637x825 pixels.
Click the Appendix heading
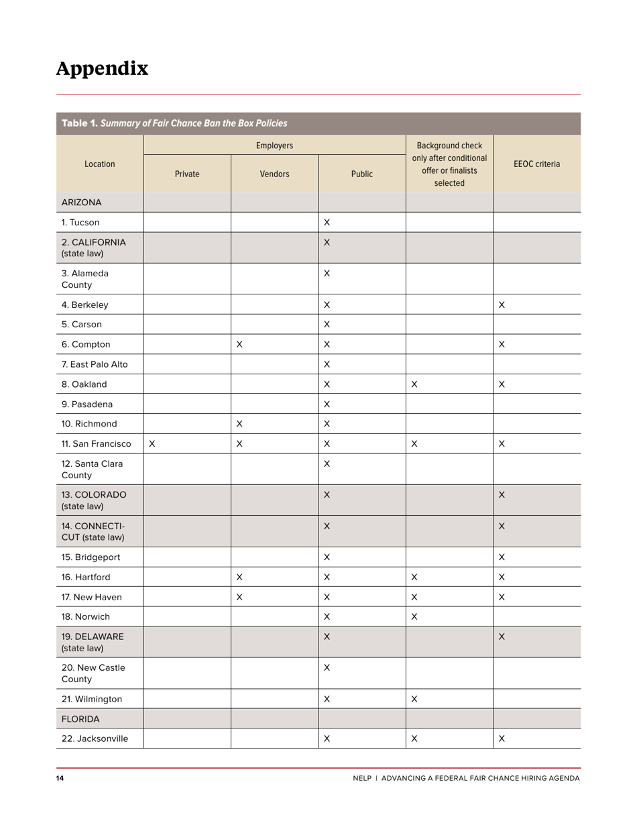102,68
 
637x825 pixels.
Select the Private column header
187,174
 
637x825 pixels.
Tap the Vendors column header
274,174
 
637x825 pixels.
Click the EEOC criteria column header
536,164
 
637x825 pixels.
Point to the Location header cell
99,164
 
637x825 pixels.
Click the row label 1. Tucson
80,222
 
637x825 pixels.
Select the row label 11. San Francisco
97,443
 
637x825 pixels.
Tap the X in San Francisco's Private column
152,443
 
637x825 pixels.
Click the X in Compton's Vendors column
239,344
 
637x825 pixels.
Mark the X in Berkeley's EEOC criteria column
502,305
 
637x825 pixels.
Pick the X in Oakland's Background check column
414,384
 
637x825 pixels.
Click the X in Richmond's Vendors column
239,424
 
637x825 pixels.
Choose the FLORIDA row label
80,718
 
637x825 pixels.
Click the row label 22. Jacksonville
95,738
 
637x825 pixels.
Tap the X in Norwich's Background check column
414,616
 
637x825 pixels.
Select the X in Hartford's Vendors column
239,577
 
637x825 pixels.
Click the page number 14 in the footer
60,778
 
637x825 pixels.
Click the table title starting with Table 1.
174,123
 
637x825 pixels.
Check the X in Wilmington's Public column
327,699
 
